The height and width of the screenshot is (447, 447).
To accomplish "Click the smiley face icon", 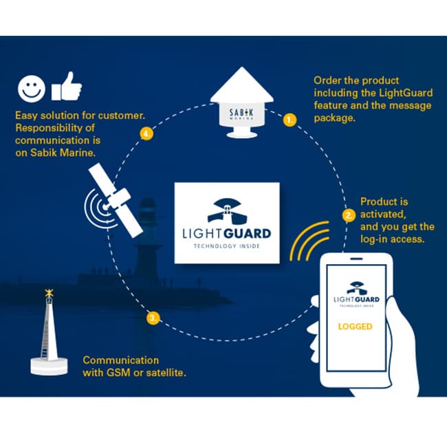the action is (x=32, y=89).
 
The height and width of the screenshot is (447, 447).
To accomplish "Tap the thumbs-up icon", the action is (x=67, y=87).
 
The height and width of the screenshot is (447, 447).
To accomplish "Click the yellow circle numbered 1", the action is (x=290, y=120).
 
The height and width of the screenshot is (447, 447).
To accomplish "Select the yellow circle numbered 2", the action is (x=349, y=215).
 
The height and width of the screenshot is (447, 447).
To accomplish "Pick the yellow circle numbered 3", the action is (x=153, y=318).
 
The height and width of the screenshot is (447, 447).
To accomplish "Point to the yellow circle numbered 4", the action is (x=146, y=133).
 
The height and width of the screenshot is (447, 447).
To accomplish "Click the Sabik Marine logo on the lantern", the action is (x=241, y=113).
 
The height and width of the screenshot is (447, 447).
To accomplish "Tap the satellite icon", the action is (x=114, y=201).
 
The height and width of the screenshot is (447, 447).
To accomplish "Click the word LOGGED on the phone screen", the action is (x=355, y=327).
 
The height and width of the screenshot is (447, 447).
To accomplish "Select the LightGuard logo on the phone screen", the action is (x=356, y=294).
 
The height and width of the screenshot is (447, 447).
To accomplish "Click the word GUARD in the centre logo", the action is (x=248, y=234).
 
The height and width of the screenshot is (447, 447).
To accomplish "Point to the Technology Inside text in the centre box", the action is (x=227, y=246).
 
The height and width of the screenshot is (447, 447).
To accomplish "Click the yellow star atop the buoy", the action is (x=49, y=292).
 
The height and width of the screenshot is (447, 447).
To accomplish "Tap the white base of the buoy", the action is (x=49, y=366).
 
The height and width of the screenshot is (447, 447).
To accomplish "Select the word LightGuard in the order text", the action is (x=406, y=93).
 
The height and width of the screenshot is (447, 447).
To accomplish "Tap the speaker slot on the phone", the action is (x=356, y=259).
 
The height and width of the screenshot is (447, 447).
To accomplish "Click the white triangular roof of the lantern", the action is (x=242, y=85).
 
